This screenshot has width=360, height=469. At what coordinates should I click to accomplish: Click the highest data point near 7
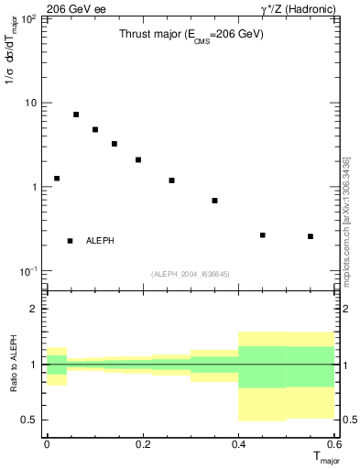tap(76, 115)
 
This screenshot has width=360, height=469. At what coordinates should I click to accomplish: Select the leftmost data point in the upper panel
tap(57, 179)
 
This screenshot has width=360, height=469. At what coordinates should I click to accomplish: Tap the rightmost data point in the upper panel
tap(311, 236)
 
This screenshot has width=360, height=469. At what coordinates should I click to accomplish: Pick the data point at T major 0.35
tap(214, 201)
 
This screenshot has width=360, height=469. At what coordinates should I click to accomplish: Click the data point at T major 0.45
tap(263, 235)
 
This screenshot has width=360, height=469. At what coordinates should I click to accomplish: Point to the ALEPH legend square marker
tap(70, 241)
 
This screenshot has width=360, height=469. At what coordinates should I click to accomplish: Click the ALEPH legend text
tap(100, 241)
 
